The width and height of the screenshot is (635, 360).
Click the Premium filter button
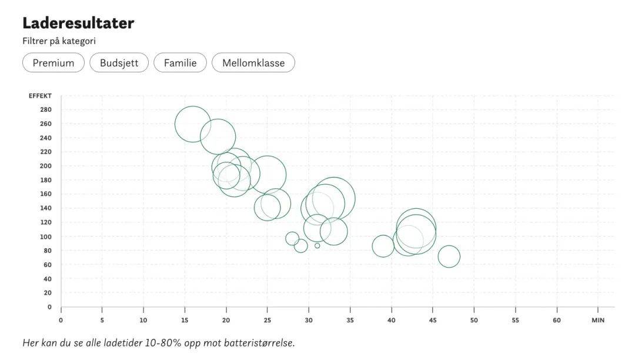[x=54, y=63]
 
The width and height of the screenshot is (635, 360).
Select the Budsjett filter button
[x=119, y=63]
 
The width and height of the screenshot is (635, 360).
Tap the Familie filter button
[x=180, y=63]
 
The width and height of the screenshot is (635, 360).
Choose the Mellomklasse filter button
[x=253, y=63]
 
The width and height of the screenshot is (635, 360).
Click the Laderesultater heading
[x=78, y=24]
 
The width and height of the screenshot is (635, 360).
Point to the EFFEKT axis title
[x=40, y=96]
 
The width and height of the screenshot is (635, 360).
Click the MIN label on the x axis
[x=598, y=321]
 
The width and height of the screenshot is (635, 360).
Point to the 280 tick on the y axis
[x=46, y=110]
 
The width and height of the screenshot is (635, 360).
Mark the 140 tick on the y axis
[x=46, y=208]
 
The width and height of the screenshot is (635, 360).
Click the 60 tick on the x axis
[x=556, y=321]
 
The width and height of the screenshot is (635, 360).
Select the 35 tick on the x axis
[x=350, y=321]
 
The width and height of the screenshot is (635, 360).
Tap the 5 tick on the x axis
[x=102, y=321]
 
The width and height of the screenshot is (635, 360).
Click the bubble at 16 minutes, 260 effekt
[x=193, y=124]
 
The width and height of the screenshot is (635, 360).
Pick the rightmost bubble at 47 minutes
[x=449, y=256]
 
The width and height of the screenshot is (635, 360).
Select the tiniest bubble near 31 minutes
[x=317, y=245]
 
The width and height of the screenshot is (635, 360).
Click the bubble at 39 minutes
[x=383, y=246]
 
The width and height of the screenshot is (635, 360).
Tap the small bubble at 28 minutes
[x=292, y=238]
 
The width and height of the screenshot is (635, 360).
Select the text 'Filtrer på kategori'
[x=59, y=41]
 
